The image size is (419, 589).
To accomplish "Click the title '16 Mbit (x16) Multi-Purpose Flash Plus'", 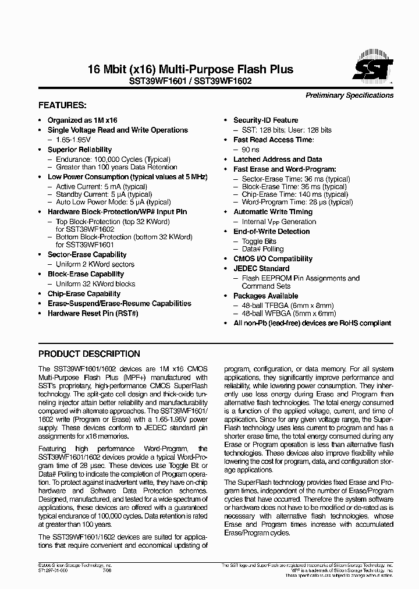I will coord(190,70).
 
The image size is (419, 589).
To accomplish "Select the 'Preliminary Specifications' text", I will coord(349,95).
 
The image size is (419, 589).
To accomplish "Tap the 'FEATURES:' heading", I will coord(62,106).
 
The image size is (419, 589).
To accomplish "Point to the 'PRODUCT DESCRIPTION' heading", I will coord(89,354).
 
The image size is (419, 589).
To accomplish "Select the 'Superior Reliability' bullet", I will coord(80,150).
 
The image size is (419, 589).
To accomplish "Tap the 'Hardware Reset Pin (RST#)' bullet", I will coord(93,313).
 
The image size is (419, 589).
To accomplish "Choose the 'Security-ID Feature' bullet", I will coord(265,120).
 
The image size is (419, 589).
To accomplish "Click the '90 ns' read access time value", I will coord(250,150).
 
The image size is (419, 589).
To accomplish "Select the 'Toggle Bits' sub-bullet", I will coord(259,241).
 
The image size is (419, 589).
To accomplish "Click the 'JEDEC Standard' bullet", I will coord(261,268).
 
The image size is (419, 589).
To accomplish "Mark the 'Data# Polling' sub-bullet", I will coord(262,249).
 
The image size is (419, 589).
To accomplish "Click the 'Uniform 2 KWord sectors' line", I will coord(95,264).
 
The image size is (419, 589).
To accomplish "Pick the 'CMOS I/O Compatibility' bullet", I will coord(273,259).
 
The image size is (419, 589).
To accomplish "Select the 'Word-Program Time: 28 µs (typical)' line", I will coord(297,202).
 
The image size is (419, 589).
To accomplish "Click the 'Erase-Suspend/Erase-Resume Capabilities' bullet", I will coord(119,303).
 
